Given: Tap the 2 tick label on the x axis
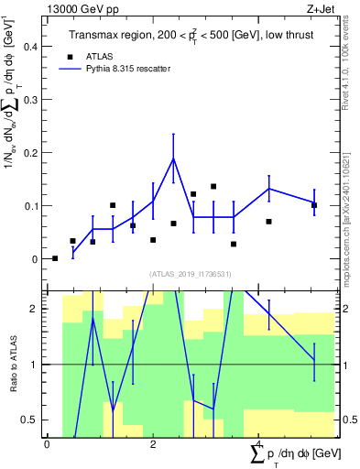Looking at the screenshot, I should pyautogui.click(x=153, y=444).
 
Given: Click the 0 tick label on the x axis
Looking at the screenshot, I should pyautogui.click(x=47, y=444).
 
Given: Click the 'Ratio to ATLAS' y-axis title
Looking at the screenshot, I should pyautogui.click(x=13, y=364).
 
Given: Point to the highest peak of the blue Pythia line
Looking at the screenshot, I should pyautogui.click(x=173, y=158).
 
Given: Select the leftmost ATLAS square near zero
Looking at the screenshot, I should pyautogui.click(x=55, y=258).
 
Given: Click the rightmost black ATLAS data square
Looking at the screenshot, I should pyautogui.click(x=314, y=205).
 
